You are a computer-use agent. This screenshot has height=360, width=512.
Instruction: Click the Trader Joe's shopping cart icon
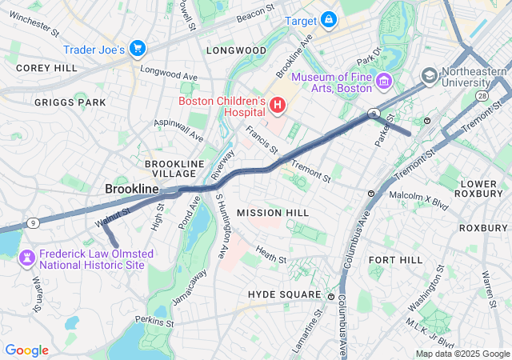[137, 49]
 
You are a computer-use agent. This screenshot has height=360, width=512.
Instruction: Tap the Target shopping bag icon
[329, 18]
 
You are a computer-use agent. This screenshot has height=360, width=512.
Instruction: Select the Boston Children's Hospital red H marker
[277, 104]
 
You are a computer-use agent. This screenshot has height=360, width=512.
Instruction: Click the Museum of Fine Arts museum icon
[383, 81]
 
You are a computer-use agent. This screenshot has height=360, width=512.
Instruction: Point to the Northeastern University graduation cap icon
[430, 75]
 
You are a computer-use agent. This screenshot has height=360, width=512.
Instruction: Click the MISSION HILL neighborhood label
[273, 213]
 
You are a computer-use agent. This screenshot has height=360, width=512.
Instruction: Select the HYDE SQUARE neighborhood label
[284, 295]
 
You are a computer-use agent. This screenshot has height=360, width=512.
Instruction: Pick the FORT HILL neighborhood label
[394, 261]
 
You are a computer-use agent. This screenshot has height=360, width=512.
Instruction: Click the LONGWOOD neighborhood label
[236, 50]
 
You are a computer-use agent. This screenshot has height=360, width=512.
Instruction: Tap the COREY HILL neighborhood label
[46, 69]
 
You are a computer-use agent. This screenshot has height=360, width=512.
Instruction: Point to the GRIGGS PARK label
[70, 102]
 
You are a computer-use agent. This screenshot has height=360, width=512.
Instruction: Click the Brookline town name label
[132, 189]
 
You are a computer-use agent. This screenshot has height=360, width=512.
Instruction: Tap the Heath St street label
[271, 256]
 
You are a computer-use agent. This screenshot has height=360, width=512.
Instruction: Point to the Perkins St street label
[155, 322]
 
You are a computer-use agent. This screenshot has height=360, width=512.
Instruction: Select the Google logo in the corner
[26, 350]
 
